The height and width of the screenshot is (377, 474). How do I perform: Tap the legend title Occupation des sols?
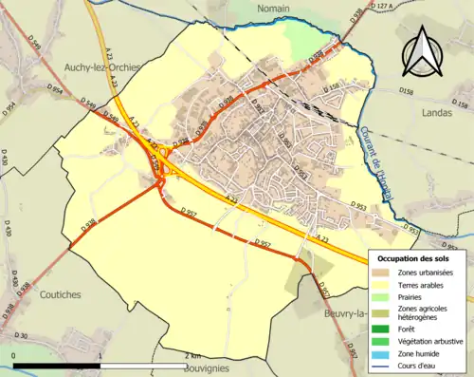click(x=415, y=258)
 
